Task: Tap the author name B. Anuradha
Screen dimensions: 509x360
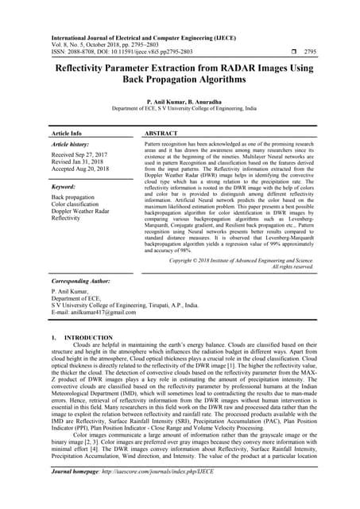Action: [204, 103]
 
